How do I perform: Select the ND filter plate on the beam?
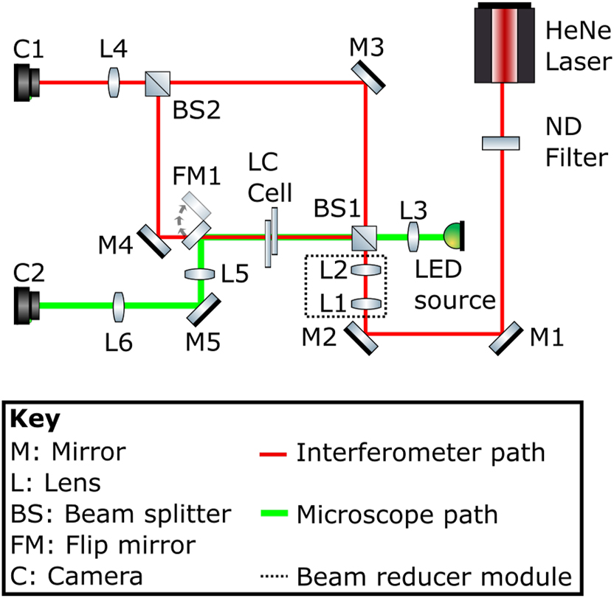(502, 142)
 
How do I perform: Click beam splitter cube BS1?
(365, 237)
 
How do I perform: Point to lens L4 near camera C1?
(114, 81)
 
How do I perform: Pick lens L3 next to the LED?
(413, 237)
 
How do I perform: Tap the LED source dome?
(452, 236)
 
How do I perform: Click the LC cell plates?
(270, 238)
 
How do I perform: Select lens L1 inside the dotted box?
(366, 303)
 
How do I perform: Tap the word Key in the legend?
(35, 420)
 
